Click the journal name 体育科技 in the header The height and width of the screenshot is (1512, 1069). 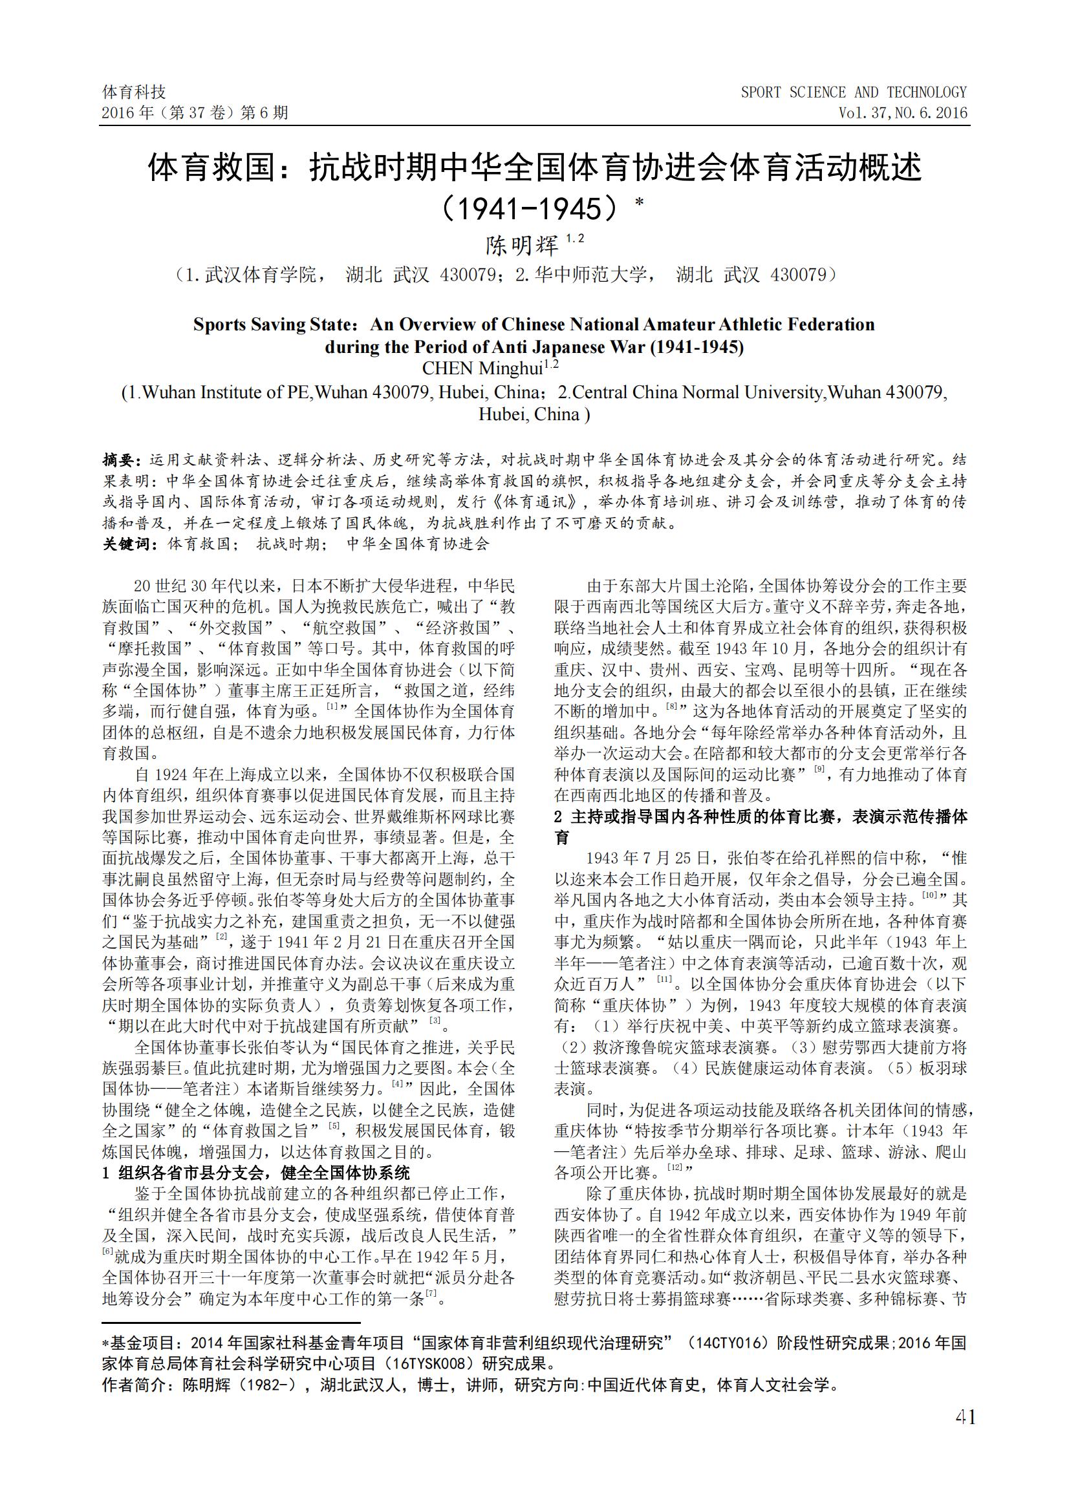(x=135, y=92)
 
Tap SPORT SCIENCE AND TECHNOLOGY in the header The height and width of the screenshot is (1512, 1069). (x=853, y=92)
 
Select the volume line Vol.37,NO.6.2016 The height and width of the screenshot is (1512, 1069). (x=902, y=112)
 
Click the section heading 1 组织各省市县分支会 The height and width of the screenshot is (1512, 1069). (x=256, y=1173)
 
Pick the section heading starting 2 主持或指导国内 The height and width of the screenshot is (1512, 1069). (x=761, y=816)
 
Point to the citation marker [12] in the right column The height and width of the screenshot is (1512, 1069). (x=675, y=1167)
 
